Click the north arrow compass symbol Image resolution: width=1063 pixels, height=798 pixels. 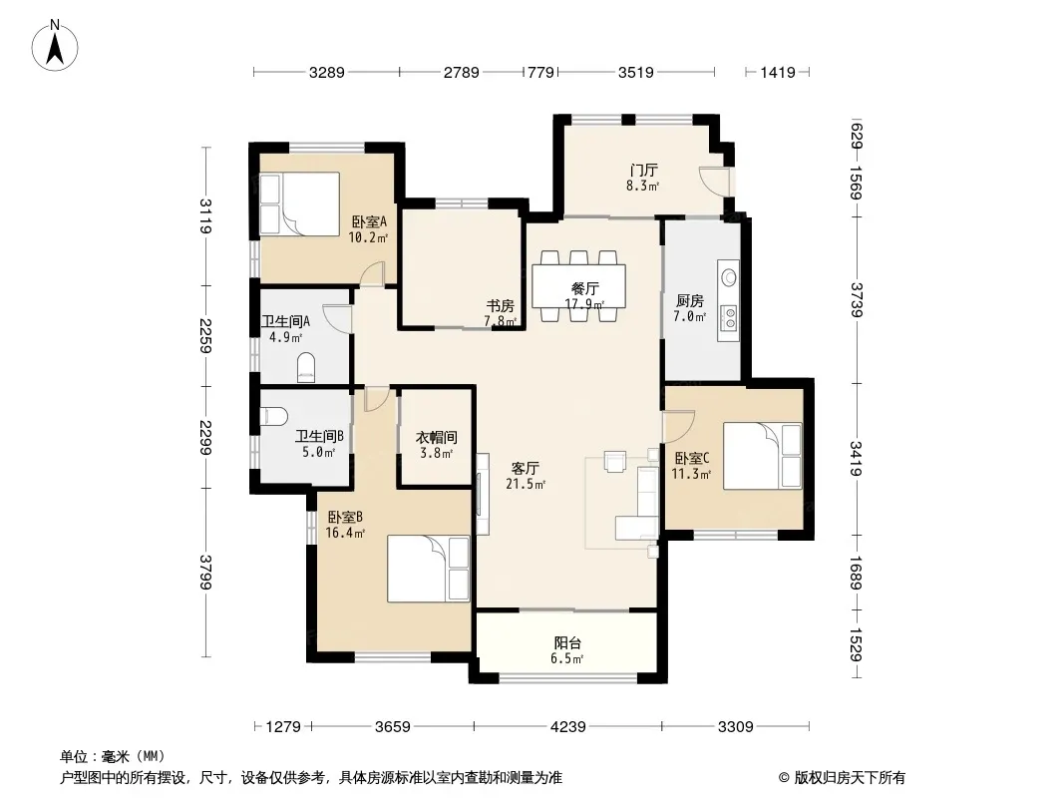click(x=55, y=45)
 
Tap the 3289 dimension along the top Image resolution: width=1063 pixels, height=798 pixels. click(x=327, y=72)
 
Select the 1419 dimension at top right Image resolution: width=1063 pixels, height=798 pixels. click(x=777, y=72)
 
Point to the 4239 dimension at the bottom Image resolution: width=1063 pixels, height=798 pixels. click(x=568, y=727)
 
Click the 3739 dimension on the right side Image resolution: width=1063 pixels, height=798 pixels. click(x=857, y=299)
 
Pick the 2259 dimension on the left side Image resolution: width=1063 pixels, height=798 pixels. click(x=205, y=335)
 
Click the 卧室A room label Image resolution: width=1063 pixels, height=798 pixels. click(x=369, y=221)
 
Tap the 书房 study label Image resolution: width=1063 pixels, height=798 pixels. click(x=501, y=305)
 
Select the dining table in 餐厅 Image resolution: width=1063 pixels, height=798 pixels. click(x=579, y=285)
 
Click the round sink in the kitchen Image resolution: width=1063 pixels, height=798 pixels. click(x=729, y=276)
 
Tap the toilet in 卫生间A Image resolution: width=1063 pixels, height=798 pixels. click(x=306, y=367)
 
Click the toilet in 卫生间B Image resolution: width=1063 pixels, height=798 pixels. click(x=274, y=416)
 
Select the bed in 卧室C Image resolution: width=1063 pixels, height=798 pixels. click(x=763, y=456)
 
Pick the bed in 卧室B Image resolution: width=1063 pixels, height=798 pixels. click(x=429, y=569)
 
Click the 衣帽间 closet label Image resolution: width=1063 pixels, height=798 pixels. click(x=437, y=437)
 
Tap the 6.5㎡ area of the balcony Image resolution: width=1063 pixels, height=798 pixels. click(x=566, y=658)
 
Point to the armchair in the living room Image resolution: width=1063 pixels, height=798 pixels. click(x=615, y=461)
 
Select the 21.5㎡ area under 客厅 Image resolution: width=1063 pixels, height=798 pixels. click(x=526, y=484)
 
